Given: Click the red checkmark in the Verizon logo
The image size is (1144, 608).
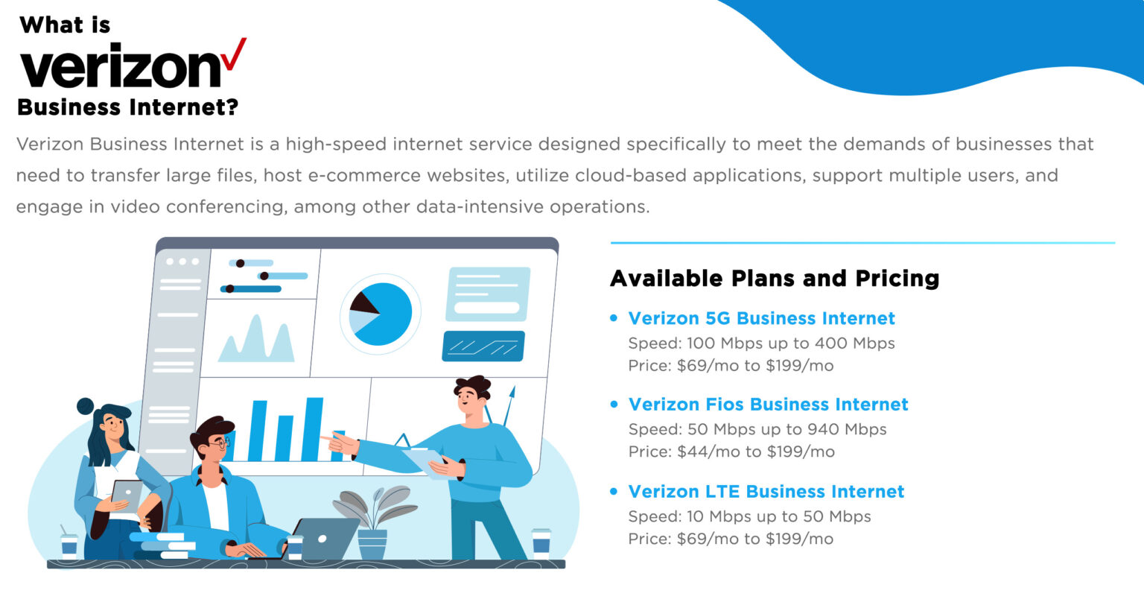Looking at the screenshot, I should pyautogui.click(x=233, y=55).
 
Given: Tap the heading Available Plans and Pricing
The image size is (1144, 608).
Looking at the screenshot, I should pyautogui.click(x=775, y=278).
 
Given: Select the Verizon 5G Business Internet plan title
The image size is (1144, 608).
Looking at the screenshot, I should pyautogui.click(x=761, y=318).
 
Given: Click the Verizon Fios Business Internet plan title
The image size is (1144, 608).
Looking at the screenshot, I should pyautogui.click(x=768, y=405).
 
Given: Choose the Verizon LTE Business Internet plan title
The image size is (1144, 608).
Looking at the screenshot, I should pyautogui.click(x=766, y=492).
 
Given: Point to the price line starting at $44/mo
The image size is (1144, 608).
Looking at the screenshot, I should pyautogui.click(x=731, y=452).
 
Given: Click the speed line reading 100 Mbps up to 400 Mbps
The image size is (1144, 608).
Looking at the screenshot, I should pyautogui.click(x=761, y=343).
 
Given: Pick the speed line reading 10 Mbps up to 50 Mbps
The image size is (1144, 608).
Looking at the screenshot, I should pyautogui.click(x=749, y=516).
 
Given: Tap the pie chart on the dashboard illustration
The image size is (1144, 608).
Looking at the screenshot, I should pyautogui.click(x=380, y=314).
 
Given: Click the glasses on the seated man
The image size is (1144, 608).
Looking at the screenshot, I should pyautogui.click(x=219, y=444).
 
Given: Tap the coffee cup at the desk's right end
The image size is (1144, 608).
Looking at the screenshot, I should pyautogui.click(x=541, y=543).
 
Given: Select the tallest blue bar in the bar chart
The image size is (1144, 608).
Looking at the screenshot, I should pyautogui.click(x=313, y=428).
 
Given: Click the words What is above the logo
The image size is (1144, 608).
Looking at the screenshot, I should pyautogui.click(x=65, y=25).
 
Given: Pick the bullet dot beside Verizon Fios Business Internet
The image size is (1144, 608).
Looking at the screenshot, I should pyautogui.click(x=614, y=405).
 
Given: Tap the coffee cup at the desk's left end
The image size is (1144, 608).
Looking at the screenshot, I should pyautogui.click(x=69, y=545).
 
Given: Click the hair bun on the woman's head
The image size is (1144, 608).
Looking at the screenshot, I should pyautogui.click(x=86, y=406).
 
